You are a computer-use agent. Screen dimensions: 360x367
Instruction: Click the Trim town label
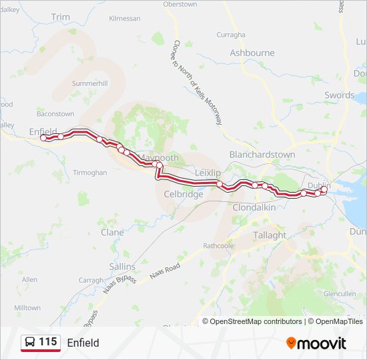point(60,17)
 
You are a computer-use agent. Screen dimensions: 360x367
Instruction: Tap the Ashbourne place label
point(252,53)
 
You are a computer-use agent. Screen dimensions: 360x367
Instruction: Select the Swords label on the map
point(339,95)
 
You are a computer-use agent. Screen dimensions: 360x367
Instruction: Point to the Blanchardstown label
point(262,154)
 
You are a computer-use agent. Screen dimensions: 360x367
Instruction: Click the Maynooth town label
point(159,158)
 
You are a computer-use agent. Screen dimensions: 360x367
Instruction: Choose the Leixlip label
point(206,173)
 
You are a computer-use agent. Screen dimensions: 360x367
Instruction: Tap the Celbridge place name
point(183,195)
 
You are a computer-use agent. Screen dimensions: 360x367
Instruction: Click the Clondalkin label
point(254,207)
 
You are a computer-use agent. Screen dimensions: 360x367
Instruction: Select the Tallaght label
point(269,235)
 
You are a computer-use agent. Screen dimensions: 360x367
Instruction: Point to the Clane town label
point(112,233)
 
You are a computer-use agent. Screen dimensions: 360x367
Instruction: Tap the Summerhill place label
point(89,83)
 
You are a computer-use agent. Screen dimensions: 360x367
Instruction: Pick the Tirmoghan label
point(89,173)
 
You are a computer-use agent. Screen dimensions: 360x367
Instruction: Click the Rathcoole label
point(218,245)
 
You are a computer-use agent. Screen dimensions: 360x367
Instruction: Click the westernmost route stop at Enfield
point(43,138)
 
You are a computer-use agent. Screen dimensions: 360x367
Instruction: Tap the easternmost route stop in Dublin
point(324,190)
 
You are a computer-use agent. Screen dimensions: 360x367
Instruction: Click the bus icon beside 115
point(30,343)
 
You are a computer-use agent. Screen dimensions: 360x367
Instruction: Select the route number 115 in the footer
point(48,343)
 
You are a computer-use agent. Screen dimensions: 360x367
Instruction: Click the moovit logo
point(316,343)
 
